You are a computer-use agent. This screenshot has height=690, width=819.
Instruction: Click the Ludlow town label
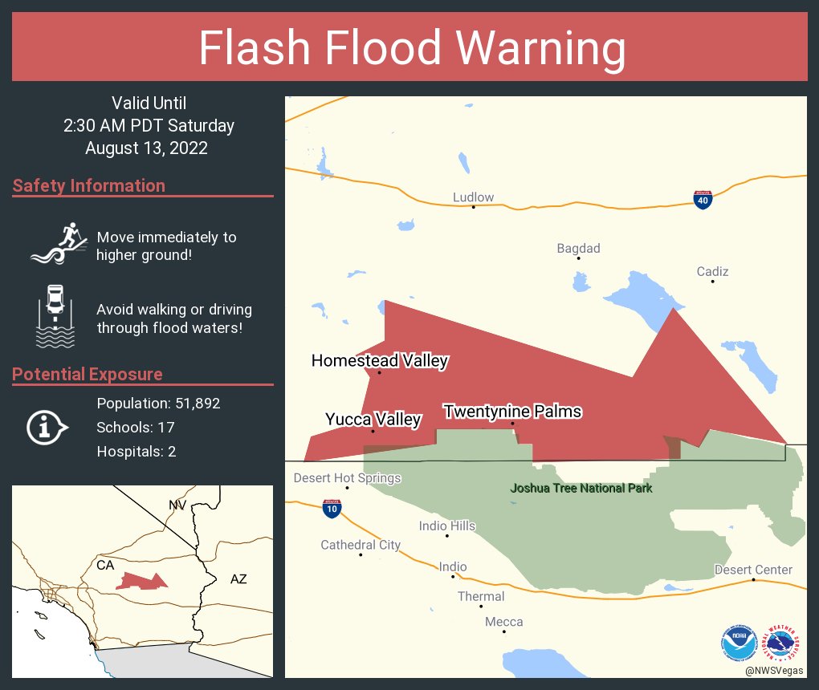pyautogui.click(x=473, y=197)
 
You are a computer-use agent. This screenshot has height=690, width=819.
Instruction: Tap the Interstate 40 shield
pyautogui.click(x=703, y=200)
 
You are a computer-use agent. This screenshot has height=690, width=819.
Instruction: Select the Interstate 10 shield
pyautogui.click(x=331, y=507)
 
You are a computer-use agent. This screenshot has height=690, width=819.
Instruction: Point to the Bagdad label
pyautogui.click(x=578, y=249)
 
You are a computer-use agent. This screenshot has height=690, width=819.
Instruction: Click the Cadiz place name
pyautogui.click(x=712, y=272)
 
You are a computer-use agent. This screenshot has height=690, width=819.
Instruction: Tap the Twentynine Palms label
pyautogui.click(x=512, y=412)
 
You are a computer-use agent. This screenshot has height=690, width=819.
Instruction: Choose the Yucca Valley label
pyautogui.click(x=373, y=419)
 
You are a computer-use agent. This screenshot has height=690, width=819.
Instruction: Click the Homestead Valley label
pyautogui.click(x=380, y=361)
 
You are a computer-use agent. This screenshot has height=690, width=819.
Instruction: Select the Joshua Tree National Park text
pyautogui.click(x=581, y=488)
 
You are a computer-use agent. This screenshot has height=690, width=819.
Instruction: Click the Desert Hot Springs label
pyautogui.click(x=347, y=478)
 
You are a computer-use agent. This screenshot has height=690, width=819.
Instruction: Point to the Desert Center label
pyautogui.click(x=753, y=570)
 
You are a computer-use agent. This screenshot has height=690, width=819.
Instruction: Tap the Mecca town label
pyautogui.click(x=503, y=622)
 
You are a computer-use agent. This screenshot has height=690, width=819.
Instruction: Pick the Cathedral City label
pyautogui.click(x=361, y=545)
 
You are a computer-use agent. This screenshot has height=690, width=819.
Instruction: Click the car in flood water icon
pyautogui.click(x=55, y=316)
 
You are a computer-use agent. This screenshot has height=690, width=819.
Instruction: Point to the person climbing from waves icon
pyautogui.click(x=59, y=242)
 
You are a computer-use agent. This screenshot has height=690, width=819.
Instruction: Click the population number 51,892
pyautogui.click(x=192, y=403)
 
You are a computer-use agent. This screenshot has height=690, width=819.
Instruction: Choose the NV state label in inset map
pyautogui.click(x=177, y=505)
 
